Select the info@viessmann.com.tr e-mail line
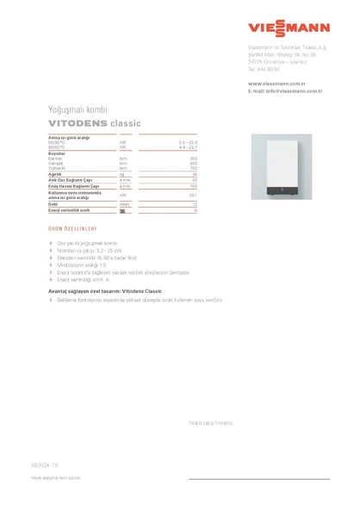coord(285,90)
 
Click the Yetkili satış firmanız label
coord(212,422)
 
